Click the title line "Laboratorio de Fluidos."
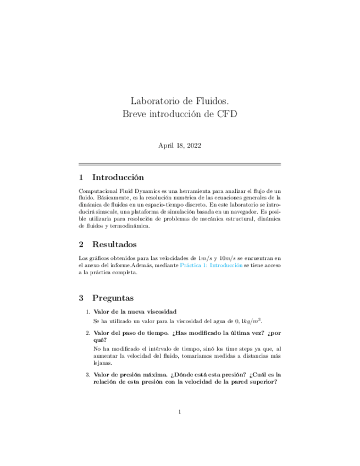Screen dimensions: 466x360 (180, 101)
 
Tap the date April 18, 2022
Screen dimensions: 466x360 (180, 146)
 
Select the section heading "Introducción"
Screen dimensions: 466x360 (118, 177)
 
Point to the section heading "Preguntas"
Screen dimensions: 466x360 (113, 298)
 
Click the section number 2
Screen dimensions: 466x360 (81, 244)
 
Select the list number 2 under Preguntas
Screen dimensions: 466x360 (87, 333)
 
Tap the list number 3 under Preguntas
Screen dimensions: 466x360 (87, 375)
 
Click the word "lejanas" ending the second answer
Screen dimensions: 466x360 (103, 363)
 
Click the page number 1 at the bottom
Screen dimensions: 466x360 (180, 412)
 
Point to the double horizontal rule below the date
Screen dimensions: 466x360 (180, 164)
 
